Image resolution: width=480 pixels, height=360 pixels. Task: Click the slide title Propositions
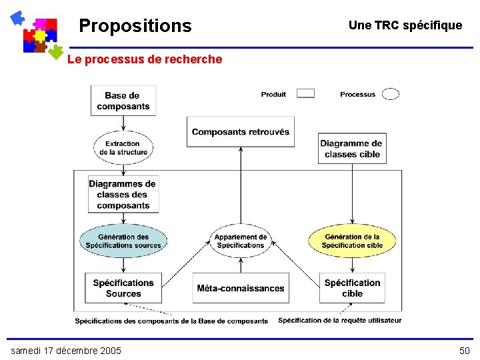(135, 26)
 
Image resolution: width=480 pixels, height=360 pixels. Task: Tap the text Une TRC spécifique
(405, 25)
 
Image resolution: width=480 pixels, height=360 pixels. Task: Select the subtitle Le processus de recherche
(145, 59)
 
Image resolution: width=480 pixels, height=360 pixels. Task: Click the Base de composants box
(123, 101)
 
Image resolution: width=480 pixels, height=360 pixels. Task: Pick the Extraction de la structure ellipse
(123, 147)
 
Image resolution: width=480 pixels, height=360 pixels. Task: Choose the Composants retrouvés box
(241, 132)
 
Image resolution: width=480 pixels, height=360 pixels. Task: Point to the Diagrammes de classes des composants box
(123, 194)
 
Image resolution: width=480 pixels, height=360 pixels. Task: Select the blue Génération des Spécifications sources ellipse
(123, 241)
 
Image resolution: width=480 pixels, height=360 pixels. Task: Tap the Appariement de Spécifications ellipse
(241, 241)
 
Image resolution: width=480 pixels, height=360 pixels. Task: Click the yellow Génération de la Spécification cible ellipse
(352, 241)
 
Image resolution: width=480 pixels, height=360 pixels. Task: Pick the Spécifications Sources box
(123, 288)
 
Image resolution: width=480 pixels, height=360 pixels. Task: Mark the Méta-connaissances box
(241, 288)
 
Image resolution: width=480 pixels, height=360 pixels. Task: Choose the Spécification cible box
(352, 288)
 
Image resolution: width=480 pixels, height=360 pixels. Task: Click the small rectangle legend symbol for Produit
(305, 94)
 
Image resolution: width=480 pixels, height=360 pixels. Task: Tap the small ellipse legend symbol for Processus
(391, 94)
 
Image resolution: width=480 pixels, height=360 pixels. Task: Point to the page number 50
(464, 351)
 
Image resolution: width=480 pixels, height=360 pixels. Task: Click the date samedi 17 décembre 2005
(66, 351)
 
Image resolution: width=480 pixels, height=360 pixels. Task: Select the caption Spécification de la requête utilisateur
(340, 321)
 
